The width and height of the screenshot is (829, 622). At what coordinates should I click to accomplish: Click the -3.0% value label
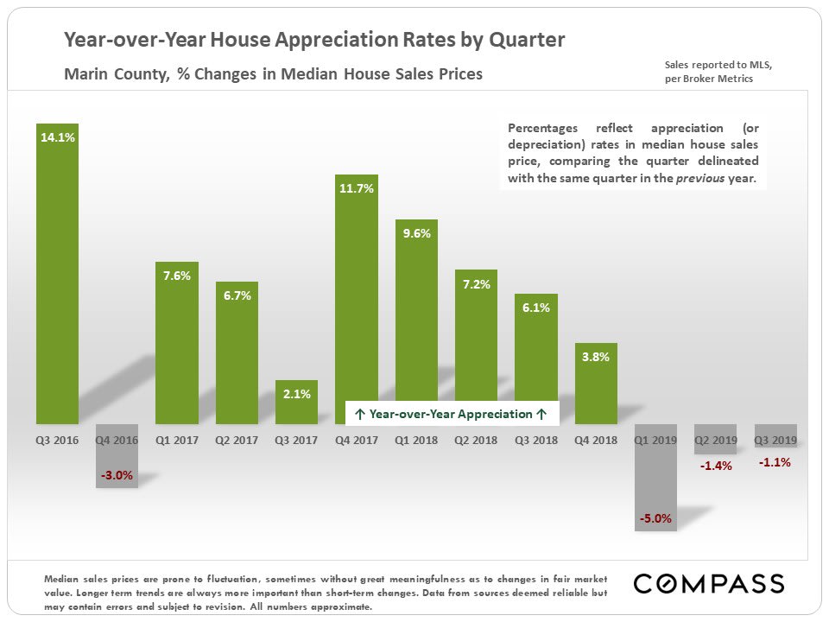pos(117,475)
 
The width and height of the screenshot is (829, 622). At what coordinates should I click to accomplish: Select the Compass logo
pos(709,583)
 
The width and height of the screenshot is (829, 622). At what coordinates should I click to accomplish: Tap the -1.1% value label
pos(775,463)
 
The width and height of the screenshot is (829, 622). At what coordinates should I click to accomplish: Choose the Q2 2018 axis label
pos(476,441)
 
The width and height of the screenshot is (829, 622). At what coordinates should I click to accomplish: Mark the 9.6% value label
pos(416,232)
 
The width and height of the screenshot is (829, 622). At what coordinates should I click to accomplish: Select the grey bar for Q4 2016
pos(117,458)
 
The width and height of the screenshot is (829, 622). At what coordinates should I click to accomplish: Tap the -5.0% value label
pos(655,519)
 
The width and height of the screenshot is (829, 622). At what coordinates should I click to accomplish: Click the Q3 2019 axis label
pos(775,441)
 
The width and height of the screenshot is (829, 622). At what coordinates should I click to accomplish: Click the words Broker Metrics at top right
pos(718,79)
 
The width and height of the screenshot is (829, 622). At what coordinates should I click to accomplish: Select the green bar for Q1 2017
pos(177,346)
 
